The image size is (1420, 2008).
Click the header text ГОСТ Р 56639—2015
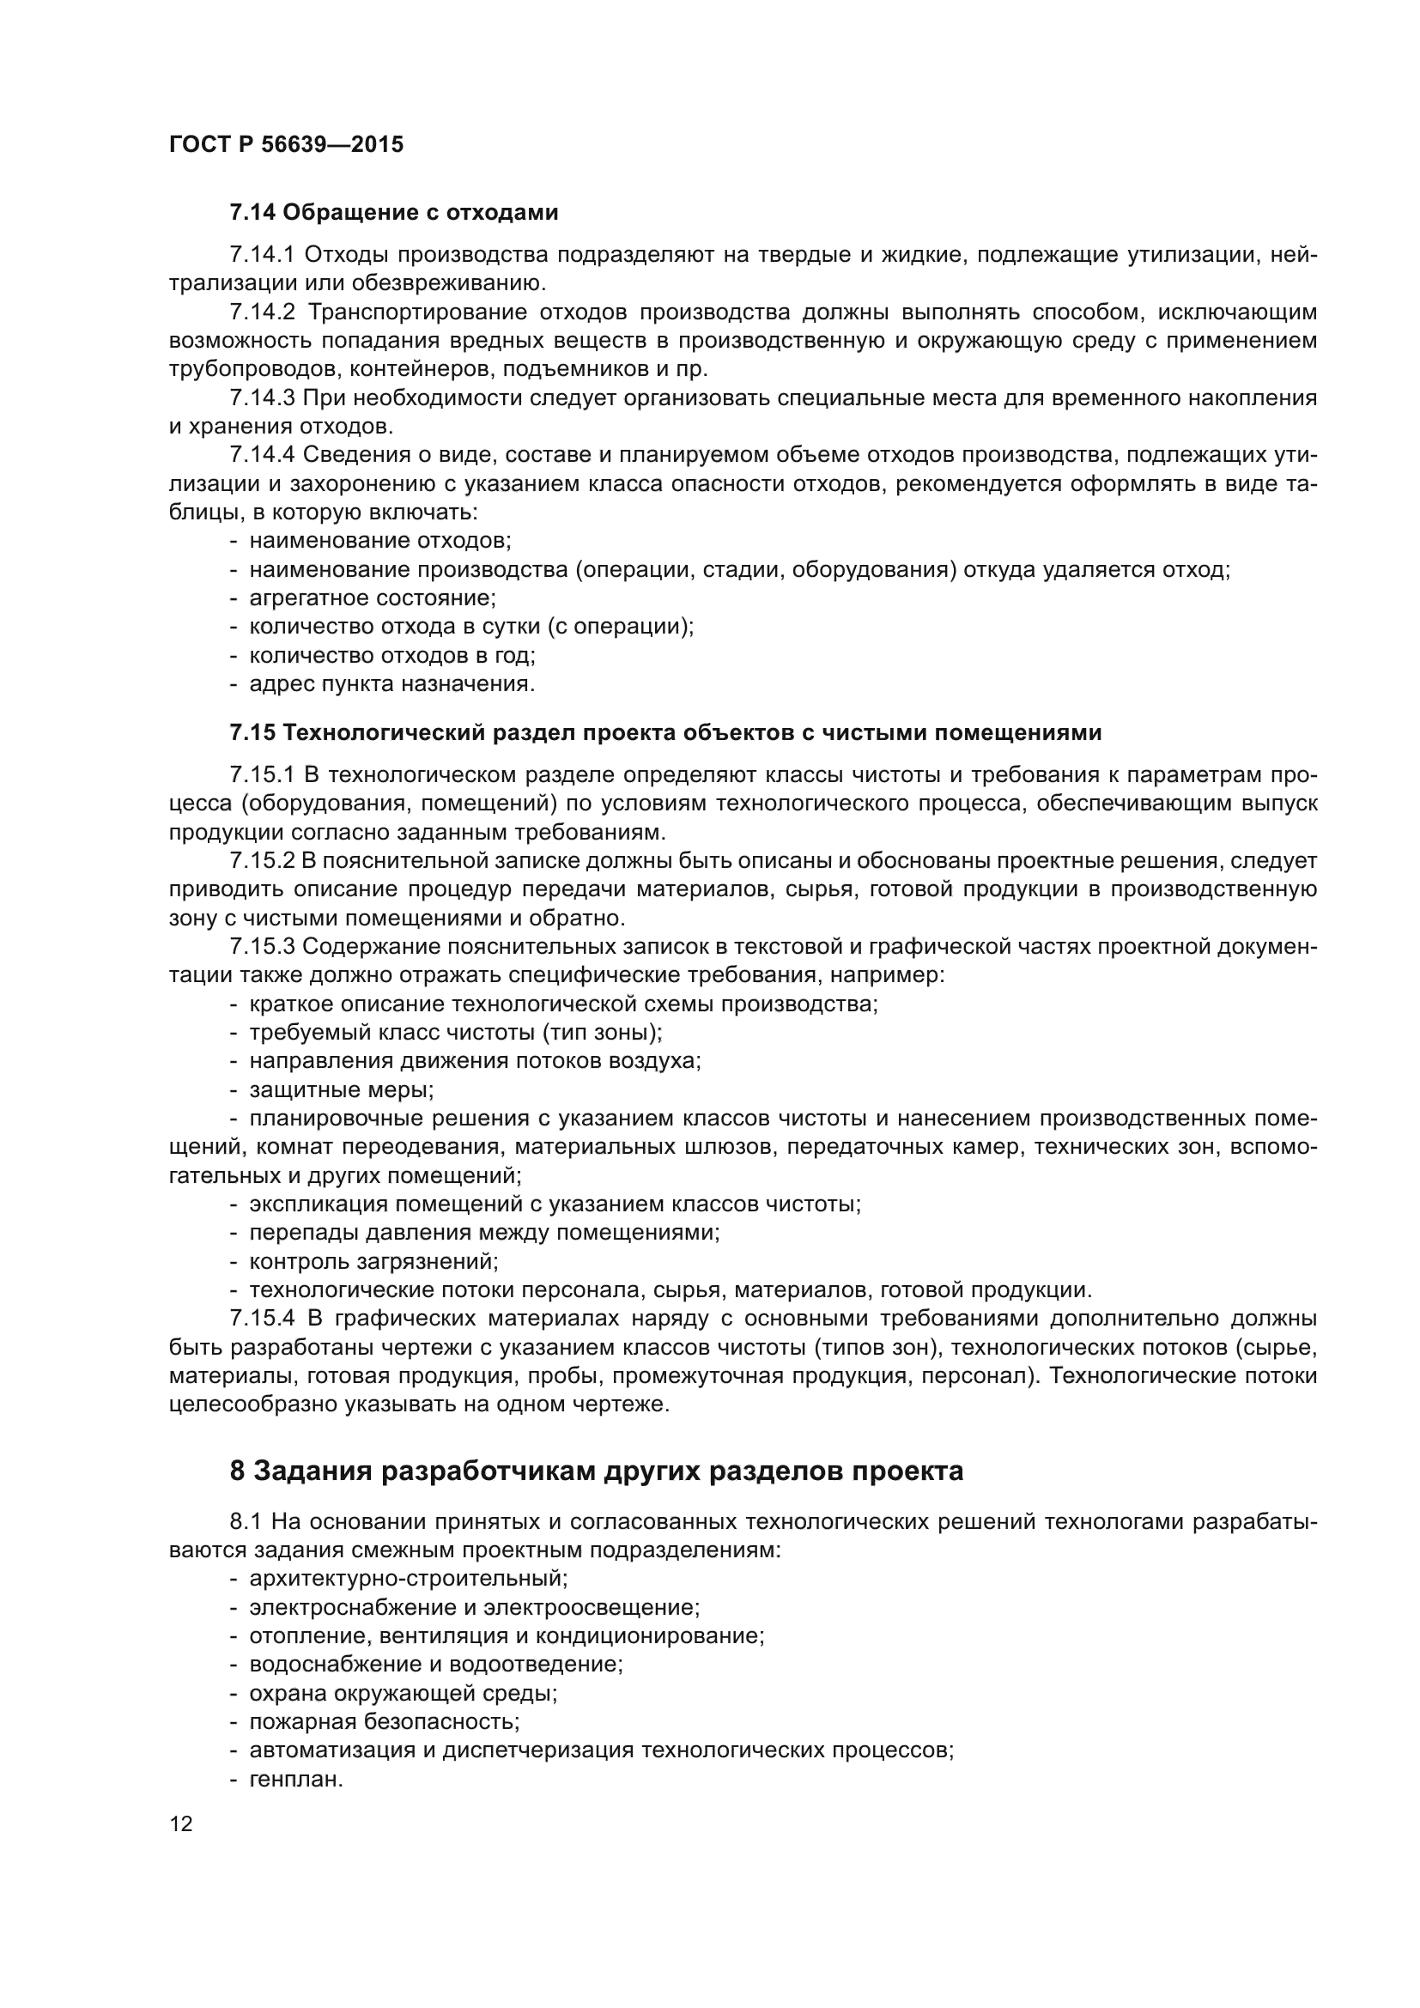click(286, 144)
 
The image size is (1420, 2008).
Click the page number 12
click(181, 1823)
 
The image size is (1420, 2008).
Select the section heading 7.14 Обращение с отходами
click(393, 213)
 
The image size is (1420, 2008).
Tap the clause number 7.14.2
click(263, 312)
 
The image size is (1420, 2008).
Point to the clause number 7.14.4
click(263, 455)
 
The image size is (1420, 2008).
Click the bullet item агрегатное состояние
click(373, 598)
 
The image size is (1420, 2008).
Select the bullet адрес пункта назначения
click(391, 684)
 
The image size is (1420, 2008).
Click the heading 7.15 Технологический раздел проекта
click(664, 733)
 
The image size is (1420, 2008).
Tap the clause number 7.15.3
click(263, 946)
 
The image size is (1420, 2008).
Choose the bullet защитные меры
click(341, 1089)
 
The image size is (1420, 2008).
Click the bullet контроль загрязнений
click(373, 1261)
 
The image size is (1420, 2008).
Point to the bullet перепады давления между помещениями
click(484, 1232)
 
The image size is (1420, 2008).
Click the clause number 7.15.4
click(263, 1318)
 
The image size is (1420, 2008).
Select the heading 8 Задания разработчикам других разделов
click(597, 1471)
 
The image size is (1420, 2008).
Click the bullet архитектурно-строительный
click(409, 1579)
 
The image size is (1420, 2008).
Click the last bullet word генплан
click(295, 1779)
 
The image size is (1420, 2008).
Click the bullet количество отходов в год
click(392, 655)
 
